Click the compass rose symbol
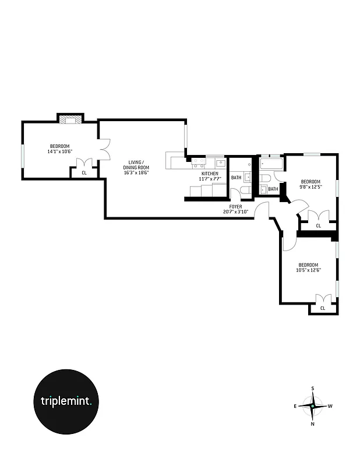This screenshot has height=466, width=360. tap(313, 406)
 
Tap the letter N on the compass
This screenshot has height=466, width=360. tap(313, 423)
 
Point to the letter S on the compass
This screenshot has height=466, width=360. tap(313, 388)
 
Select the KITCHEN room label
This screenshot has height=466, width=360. tap(210, 174)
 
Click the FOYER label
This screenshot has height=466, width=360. tap(235, 206)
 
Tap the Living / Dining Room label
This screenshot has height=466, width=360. tap(136, 165)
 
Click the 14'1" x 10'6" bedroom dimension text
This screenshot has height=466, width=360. tap(59, 151)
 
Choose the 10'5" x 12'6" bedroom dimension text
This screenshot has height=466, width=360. tap(309, 270)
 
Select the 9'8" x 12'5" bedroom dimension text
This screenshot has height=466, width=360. tap(311, 186)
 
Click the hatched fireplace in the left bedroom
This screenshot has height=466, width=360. tap(70, 121)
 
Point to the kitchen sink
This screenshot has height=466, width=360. tap(220, 163)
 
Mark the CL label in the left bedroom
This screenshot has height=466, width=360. tap(84, 172)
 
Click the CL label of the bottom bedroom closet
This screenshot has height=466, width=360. tap(322, 308)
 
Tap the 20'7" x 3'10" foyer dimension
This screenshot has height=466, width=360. tap(235, 212)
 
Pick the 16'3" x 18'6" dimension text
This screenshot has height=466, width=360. tap(136, 173)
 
